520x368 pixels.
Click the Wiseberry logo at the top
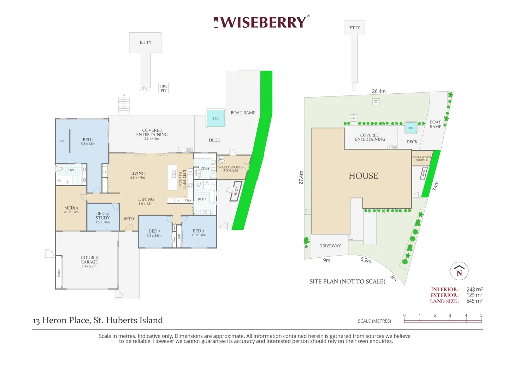[x=261, y=22]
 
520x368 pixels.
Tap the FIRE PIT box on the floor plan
[x=163, y=88]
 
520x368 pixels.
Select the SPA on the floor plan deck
[x=215, y=118]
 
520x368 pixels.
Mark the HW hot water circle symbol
[x=221, y=159]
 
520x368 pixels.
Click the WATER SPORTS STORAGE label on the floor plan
[x=230, y=169]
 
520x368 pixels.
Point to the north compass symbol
[x=459, y=271]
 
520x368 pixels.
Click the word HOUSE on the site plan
[x=363, y=176]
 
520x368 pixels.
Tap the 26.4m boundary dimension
[x=379, y=91]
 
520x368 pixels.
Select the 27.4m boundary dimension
[x=301, y=177]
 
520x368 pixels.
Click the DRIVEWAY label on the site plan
[x=330, y=246]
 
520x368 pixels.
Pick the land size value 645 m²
[x=474, y=301]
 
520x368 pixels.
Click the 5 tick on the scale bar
[x=481, y=316]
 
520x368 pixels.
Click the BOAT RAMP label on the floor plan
[x=243, y=113]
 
